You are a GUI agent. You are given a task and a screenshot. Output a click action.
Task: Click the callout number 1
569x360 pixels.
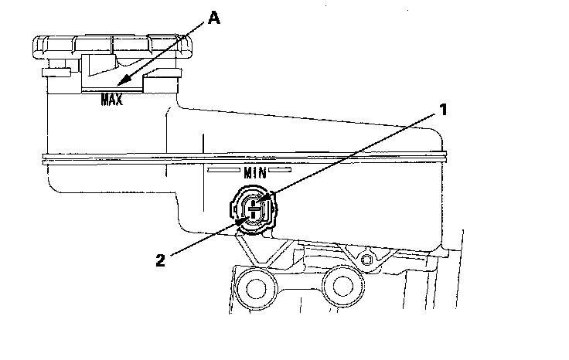pyautogui.click(x=445, y=110)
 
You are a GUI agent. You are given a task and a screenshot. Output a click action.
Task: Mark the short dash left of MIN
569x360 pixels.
pyautogui.click(x=228, y=168)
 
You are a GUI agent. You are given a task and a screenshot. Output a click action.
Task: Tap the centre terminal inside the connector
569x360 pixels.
pyautogui.click(x=254, y=209)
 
